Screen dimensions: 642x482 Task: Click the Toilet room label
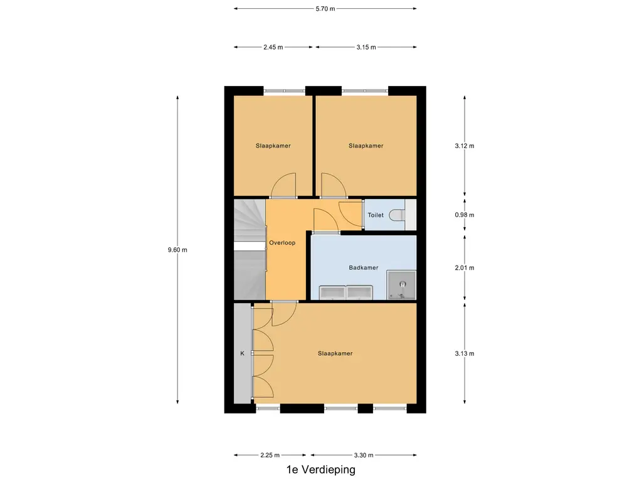(x=376, y=215)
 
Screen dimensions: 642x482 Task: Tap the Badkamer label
(x=363, y=267)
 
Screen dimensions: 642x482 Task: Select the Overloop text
(x=282, y=243)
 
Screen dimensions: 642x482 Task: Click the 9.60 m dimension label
(x=177, y=250)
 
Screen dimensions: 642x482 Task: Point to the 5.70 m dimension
(x=325, y=9)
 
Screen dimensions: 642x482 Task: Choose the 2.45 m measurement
(x=273, y=47)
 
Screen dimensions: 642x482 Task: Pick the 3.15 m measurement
(x=366, y=47)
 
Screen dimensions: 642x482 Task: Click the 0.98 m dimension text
(x=465, y=215)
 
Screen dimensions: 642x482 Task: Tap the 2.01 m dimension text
(x=465, y=267)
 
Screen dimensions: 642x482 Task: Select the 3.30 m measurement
(x=364, y=455)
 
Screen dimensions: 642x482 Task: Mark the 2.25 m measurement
(x=270, y=455)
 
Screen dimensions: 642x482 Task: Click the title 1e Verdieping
(x=320, y=469)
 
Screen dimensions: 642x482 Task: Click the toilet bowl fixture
(x=397, y=215)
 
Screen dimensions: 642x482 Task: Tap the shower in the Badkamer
(x=402, y=285)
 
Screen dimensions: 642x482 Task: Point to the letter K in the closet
(x=242, y=353)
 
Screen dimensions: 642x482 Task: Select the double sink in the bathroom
(x=346, y=292)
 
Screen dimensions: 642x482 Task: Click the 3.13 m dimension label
(x=465, y=353)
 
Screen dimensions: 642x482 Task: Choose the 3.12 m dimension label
(x=465, y=146)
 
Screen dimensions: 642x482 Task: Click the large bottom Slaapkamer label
(x=335, y=353)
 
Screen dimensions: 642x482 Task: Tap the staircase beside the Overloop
(x=250, y=249)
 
